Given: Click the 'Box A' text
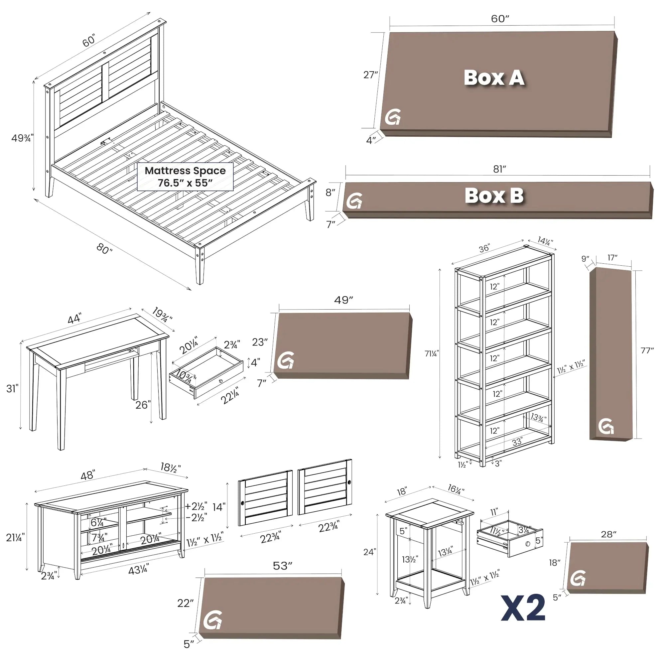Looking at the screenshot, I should [494, 78].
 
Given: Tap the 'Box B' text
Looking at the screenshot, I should [494, 196].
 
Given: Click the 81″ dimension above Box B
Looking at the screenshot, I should [499, 169].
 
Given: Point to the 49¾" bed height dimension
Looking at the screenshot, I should [21, 138].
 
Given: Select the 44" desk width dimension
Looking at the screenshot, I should [74, 319].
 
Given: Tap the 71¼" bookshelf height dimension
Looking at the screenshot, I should [432, 353].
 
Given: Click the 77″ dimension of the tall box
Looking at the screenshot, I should [647, 350].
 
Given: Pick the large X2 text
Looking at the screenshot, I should [523, 608].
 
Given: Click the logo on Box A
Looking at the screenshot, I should [393, 117].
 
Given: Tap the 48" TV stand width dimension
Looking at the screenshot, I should [87, 476].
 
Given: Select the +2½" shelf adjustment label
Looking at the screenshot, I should [196, 506].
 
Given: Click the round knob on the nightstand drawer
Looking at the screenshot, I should [528, 544].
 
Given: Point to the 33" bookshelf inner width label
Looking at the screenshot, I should [517, 442].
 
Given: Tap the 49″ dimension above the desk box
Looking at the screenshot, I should [343, 300].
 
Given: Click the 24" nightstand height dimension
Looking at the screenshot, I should [369, 552].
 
